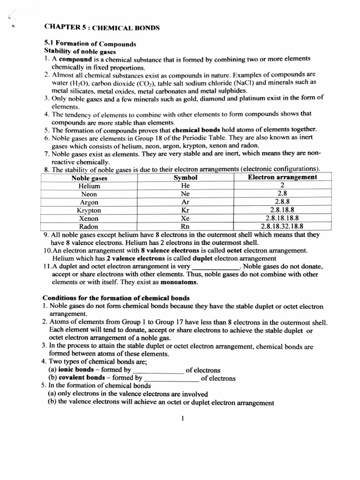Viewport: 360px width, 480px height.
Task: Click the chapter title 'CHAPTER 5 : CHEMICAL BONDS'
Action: [x=102, y=28]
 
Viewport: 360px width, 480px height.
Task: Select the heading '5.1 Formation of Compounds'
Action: [x=90, y=44]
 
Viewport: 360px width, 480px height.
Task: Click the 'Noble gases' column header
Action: [x=89, y=178]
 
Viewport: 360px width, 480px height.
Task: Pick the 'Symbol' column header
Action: [x=186, y=178]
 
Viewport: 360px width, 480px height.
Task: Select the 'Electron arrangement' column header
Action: [x=282, y=177]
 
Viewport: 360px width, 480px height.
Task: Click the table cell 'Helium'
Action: [x=89, y=186]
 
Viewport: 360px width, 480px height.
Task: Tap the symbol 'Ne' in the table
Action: [x=186, y=194]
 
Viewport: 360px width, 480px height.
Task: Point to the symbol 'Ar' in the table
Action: [x=186, y=202]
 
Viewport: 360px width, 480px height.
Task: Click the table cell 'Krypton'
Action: [x=89, y=210]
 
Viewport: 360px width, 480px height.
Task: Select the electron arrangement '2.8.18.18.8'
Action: [x=282, y=218]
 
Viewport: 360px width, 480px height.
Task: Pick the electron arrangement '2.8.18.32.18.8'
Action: [x=282, y=226]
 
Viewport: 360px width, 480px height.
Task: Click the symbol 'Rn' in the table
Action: [x=186, y=226]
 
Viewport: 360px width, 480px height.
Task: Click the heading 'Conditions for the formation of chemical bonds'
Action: [x=116, y=298]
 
